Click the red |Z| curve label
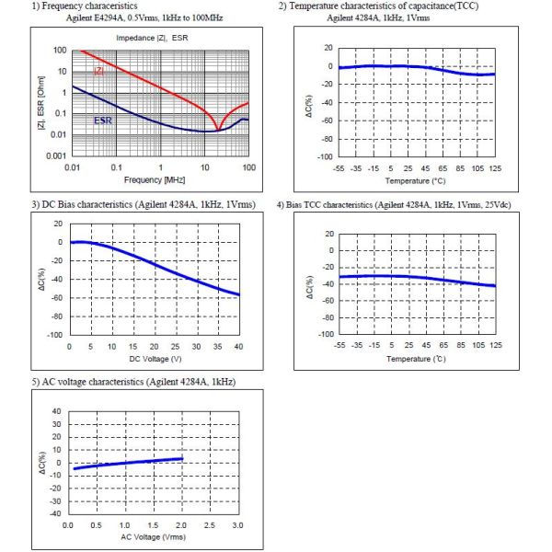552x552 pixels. point(99,71)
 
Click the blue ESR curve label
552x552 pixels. point(103,121)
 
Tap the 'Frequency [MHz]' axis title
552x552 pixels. point(155,180)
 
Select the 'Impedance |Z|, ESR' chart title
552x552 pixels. point(152,38)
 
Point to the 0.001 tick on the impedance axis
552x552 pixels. point(56,156)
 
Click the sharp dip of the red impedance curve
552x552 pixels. point(218,131)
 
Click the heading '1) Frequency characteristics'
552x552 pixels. point(85,6)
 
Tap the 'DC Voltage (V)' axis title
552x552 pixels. point(155,359)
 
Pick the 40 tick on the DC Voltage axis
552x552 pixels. point(238,347)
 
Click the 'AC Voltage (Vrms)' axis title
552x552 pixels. point(153,537)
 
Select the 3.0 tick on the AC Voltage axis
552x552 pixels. point(237,525)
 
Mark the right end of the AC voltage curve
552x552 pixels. point(182,458)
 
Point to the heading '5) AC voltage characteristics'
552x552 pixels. point(133,382)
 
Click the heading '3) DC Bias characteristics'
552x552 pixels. point(144,204)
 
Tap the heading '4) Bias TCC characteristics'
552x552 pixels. point(394,205)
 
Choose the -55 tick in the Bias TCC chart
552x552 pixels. point(339,345)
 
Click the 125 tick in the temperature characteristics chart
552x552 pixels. point(495,168)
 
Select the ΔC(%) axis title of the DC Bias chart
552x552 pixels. point(41,280)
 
